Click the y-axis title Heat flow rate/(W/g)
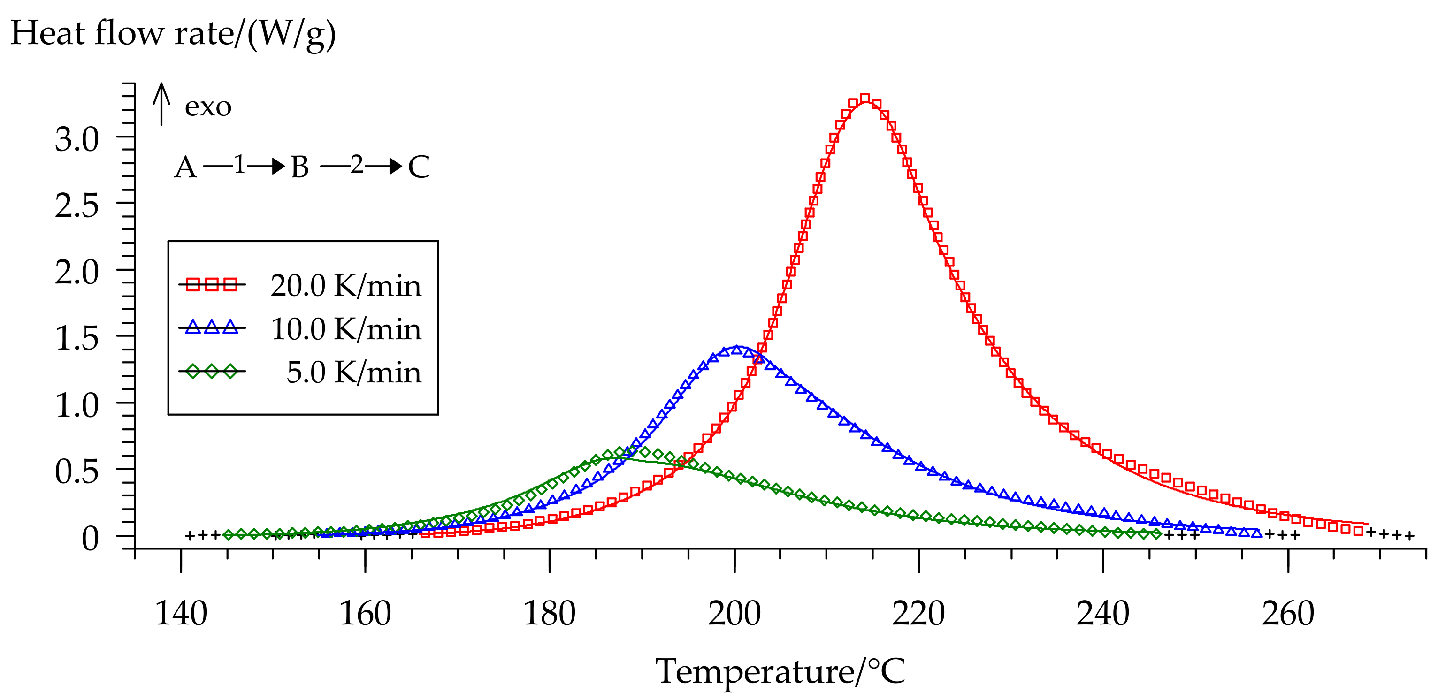(x=173, y=33)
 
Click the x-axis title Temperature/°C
(x=780, y=671)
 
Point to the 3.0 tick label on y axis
(x=77, y=139)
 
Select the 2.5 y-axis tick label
(x=77, y=206)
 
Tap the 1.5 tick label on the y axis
(x=77, y=339)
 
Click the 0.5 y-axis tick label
(x=77, y=472)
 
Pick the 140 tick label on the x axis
(x=181, y=614)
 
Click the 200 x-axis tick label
(x=734, y=614)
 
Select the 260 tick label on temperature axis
(x=1288, y=614)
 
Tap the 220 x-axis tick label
(x=918, y=614)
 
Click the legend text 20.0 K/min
(x=345, y=286)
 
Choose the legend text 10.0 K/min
(x=345, y=329)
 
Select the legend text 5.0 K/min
(x=353, y=373)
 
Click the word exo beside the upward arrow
(x=207, y=107)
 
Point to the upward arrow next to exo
(x=161, y=104)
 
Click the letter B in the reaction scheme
(x=300, y=167)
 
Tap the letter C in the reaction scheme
(x=419, y=167)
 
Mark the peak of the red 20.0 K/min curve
(x=864, y=100)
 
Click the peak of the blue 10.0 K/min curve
(x=737, y=349)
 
